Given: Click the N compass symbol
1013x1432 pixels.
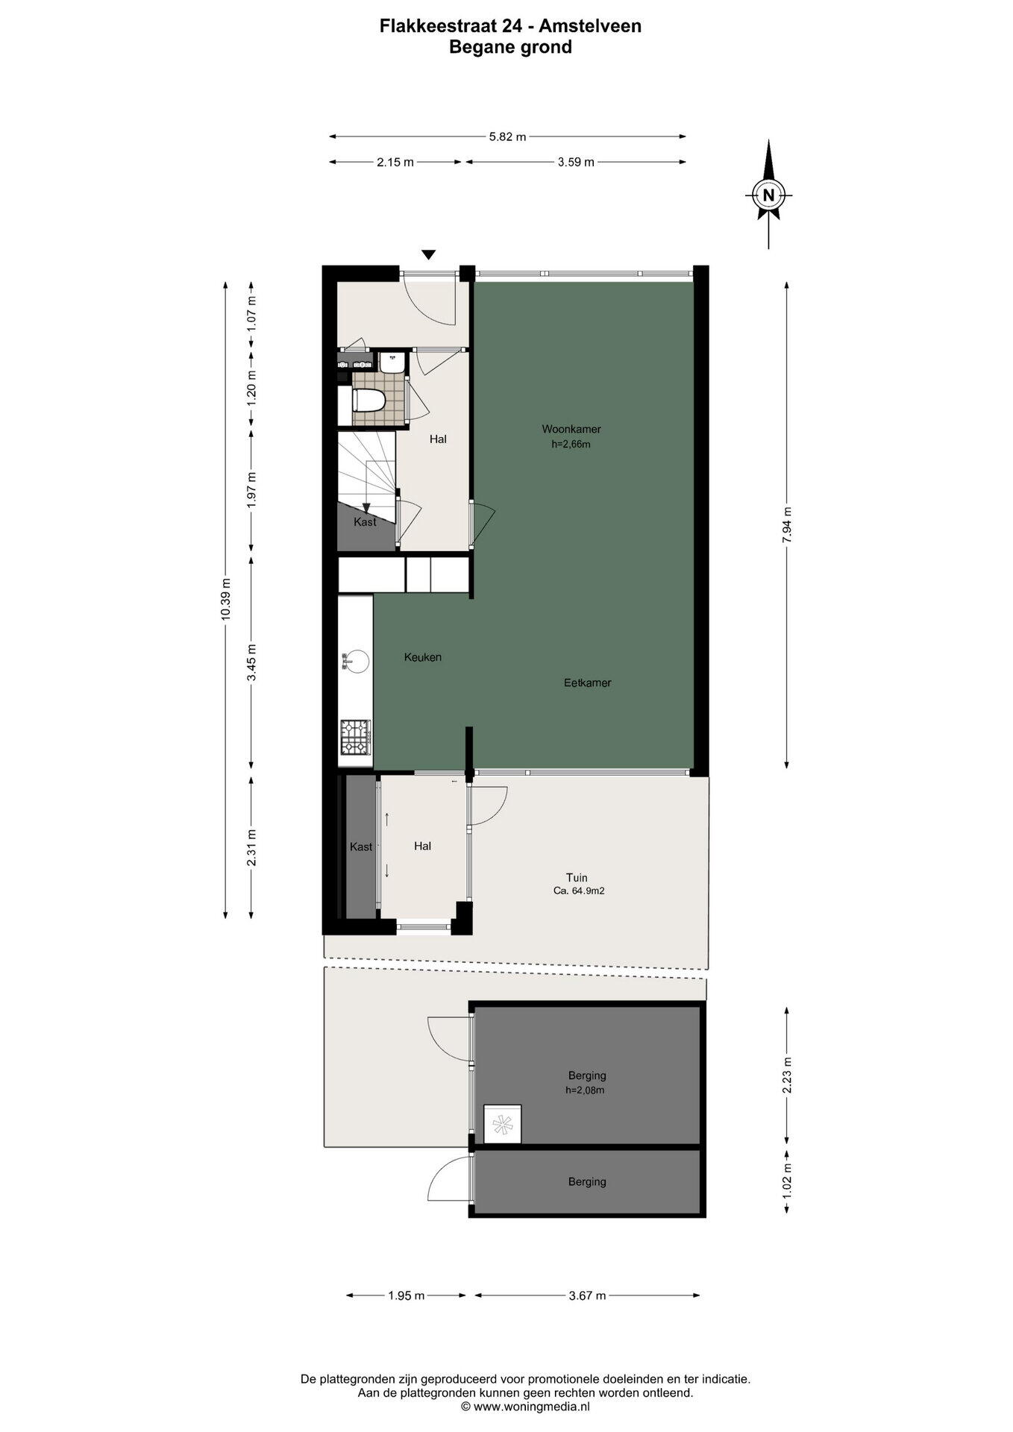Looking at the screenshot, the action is [x=768, y=195].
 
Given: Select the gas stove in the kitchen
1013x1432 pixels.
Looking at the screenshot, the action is [x=356, y=737].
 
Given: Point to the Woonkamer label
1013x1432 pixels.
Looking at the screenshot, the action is [x=571, y=429].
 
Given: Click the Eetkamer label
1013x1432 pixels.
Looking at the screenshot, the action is [x=588, y=682].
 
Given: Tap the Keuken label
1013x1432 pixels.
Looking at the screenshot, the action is [x=423, y=657].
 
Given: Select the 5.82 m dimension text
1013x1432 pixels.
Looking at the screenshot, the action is [x=507, y=136].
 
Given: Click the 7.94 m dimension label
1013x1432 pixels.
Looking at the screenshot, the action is [x=787, y=526].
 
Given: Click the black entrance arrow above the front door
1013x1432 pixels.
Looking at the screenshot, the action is [x=428, y=254].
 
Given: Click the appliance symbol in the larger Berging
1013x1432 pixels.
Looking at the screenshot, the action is [x=503, y=1124].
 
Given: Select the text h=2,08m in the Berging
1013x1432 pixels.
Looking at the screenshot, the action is [x=585, y=1090].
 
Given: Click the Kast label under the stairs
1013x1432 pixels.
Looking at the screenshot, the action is [x=365, y=522].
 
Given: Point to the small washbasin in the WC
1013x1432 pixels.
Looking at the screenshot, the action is [x=392, y=362].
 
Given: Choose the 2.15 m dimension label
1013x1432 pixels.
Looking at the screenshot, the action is [x=395, y=162].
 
